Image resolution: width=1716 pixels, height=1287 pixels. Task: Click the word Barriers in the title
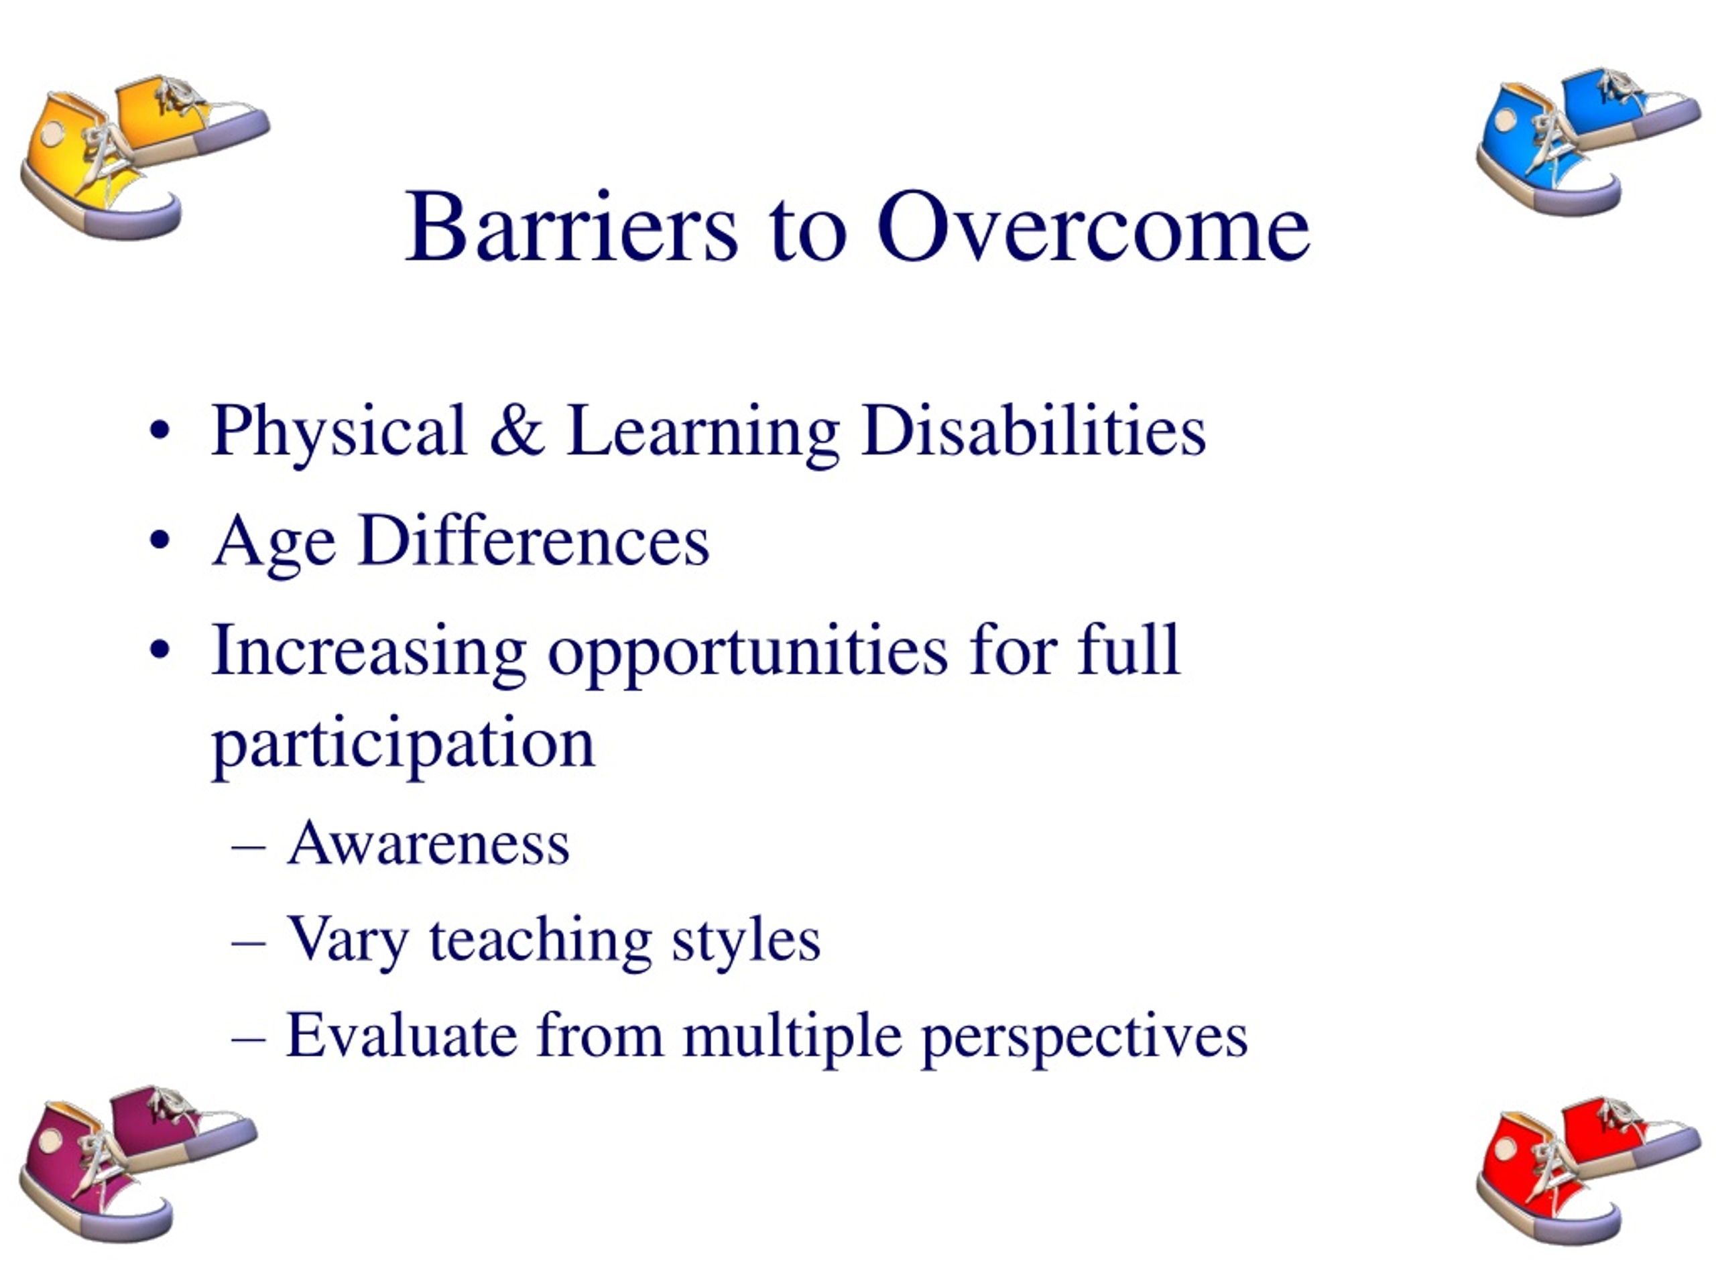coord(571,227)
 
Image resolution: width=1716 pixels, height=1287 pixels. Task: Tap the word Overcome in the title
coord(1094,227)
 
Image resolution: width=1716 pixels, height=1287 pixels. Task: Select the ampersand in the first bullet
coord(517,430)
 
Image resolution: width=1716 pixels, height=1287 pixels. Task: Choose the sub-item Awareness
coord(428,843)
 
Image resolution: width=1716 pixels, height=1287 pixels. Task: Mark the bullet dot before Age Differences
coord(159,541)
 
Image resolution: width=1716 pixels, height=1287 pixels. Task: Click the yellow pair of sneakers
coord(144,158)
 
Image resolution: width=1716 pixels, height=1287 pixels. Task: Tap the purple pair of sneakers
coord(138,1164)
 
